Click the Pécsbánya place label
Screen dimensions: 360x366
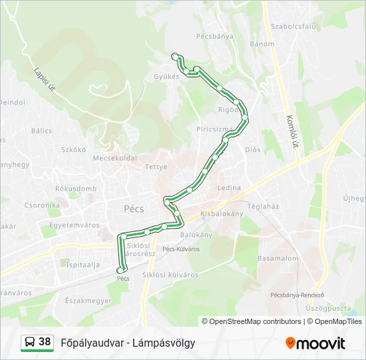tap(215, 36)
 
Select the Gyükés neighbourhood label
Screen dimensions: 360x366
tap(166, 76)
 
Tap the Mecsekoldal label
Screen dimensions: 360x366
tap(114, 158)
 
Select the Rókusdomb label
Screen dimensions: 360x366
tap(75, 189)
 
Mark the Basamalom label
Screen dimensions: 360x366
tap(277, 257)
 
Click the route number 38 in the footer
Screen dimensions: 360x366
tap(45, 342)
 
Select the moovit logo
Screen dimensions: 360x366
tap(315, 343)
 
